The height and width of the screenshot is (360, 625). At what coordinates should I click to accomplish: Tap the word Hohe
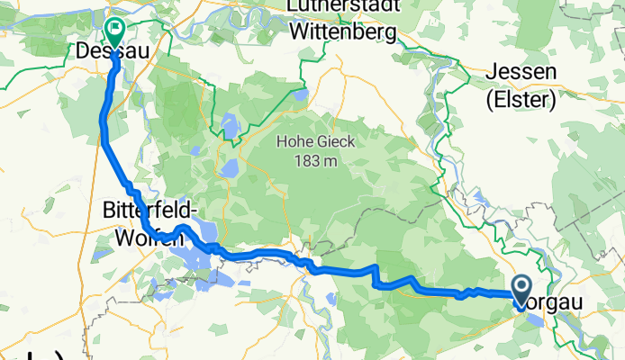[294, 142]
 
